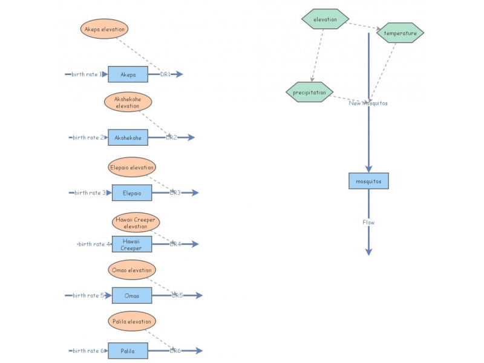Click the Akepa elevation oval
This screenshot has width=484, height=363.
(105, 28)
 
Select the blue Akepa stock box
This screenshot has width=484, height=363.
(128, 74)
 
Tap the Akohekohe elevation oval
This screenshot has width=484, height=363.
(128, 102)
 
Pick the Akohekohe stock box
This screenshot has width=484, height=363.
(128, 137)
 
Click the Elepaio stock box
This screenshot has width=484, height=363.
(132, 193)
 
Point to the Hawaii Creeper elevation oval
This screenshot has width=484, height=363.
(136, 223)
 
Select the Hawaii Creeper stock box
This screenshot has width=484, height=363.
(132, 244)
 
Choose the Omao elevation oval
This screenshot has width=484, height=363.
(132, 270)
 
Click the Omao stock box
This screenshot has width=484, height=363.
(132, 295)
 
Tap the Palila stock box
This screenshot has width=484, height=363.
(128, 351)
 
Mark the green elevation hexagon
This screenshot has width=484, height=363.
(325, 19)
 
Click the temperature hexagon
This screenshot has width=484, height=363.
(400, 33)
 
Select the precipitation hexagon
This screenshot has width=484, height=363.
(309, 93)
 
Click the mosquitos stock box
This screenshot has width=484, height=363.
(368, 180)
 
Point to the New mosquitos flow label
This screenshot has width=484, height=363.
(368, 103)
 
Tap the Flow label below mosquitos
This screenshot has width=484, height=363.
(368, 222)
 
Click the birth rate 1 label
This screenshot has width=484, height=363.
(87, 74)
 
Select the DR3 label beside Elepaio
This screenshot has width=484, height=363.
(175, 193)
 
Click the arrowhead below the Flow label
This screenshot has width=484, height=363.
(368, 251)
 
